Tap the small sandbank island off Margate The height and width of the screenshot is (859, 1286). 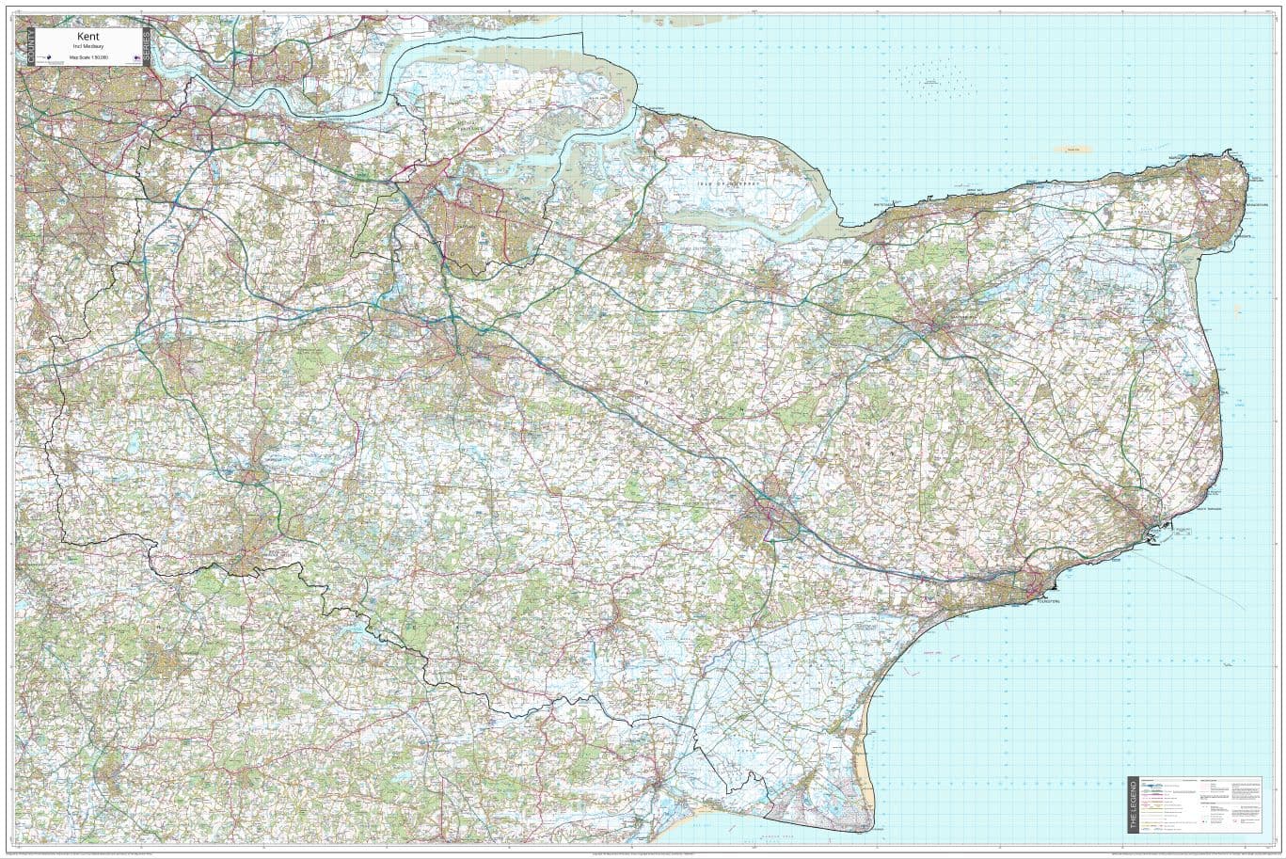(1072, 149)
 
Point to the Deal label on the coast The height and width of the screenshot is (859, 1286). (1223, 393)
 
